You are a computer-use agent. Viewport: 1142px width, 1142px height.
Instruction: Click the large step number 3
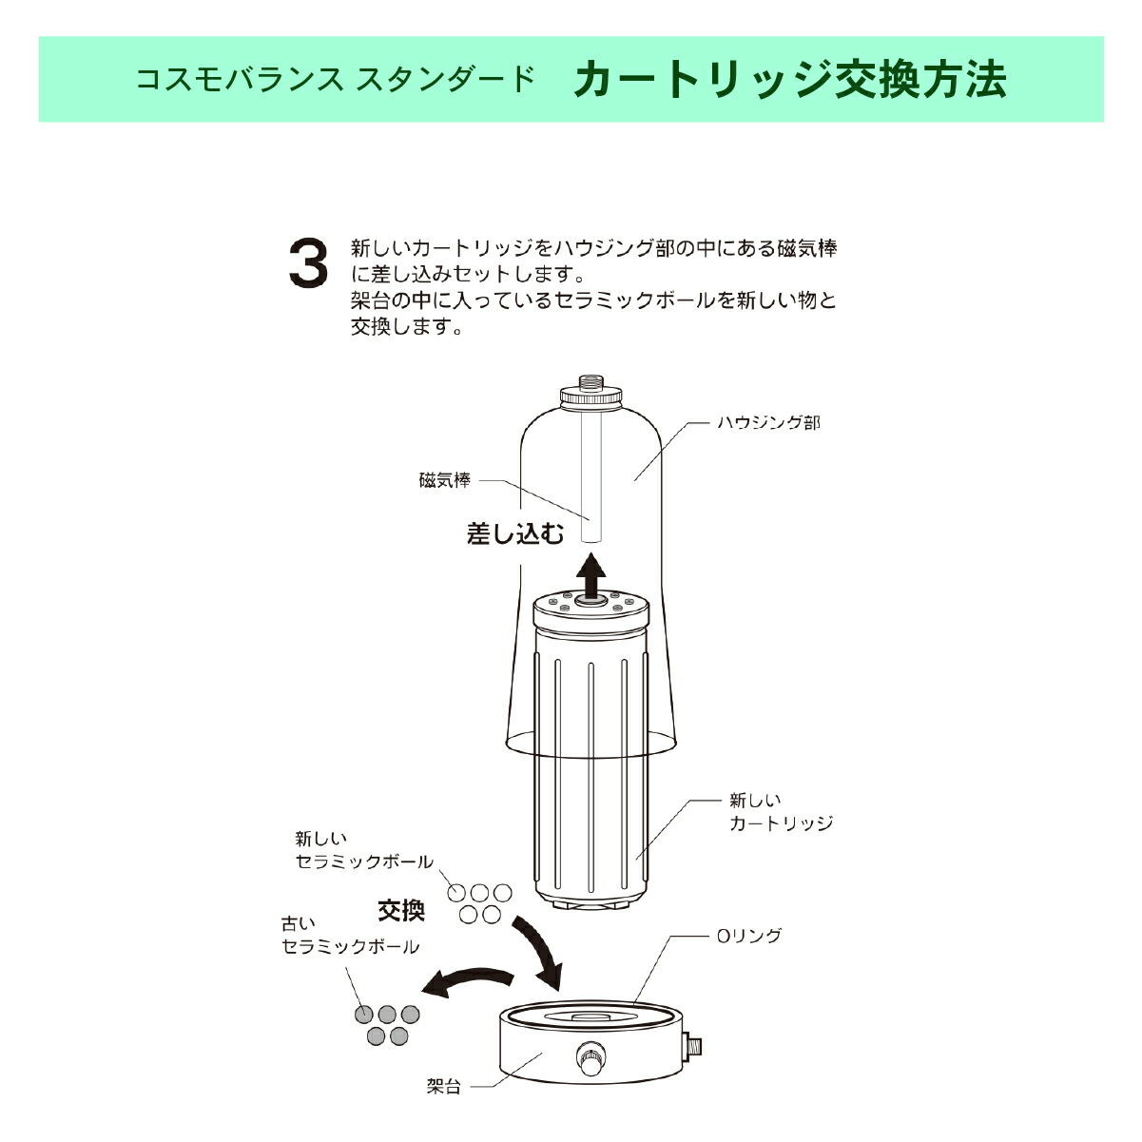(308, 263)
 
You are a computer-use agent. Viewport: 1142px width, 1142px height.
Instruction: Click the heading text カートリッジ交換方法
(789, 80)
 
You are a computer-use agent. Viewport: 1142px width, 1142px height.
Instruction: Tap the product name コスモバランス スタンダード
(336, 80)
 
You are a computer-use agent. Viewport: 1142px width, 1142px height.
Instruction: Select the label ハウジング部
(767, 422)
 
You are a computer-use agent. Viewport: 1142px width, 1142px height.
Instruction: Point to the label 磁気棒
(444, 480)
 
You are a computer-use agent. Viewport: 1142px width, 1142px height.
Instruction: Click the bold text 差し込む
(515, 533)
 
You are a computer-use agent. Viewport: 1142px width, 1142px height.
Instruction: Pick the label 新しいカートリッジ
(780, 812)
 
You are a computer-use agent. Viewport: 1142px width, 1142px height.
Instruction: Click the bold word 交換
(401, 910)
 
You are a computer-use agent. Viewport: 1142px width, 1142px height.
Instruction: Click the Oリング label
(748, 936)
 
